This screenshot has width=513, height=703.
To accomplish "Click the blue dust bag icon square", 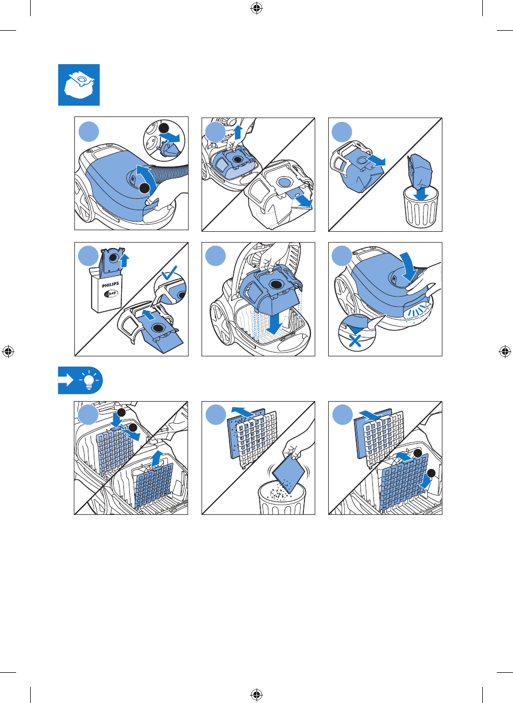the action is pos(79,85).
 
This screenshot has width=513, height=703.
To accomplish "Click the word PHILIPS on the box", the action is pos(110,285).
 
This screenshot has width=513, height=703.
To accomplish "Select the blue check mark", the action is pos(169,272).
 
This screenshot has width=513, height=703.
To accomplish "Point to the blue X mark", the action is pos(355,340).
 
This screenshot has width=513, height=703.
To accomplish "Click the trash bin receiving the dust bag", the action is pos(421,207).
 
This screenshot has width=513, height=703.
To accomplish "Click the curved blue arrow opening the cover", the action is pos(148,176).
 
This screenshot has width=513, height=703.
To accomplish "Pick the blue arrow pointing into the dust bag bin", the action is pos(421,194).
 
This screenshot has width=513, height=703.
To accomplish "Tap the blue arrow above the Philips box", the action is pos(125,260).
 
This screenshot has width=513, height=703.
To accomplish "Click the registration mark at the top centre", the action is pos(256,9).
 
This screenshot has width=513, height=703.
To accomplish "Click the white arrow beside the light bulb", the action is pos(66,381).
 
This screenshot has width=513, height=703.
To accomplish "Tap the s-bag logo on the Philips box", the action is pos(111,294).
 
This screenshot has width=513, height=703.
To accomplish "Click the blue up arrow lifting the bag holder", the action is pos(239,132).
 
